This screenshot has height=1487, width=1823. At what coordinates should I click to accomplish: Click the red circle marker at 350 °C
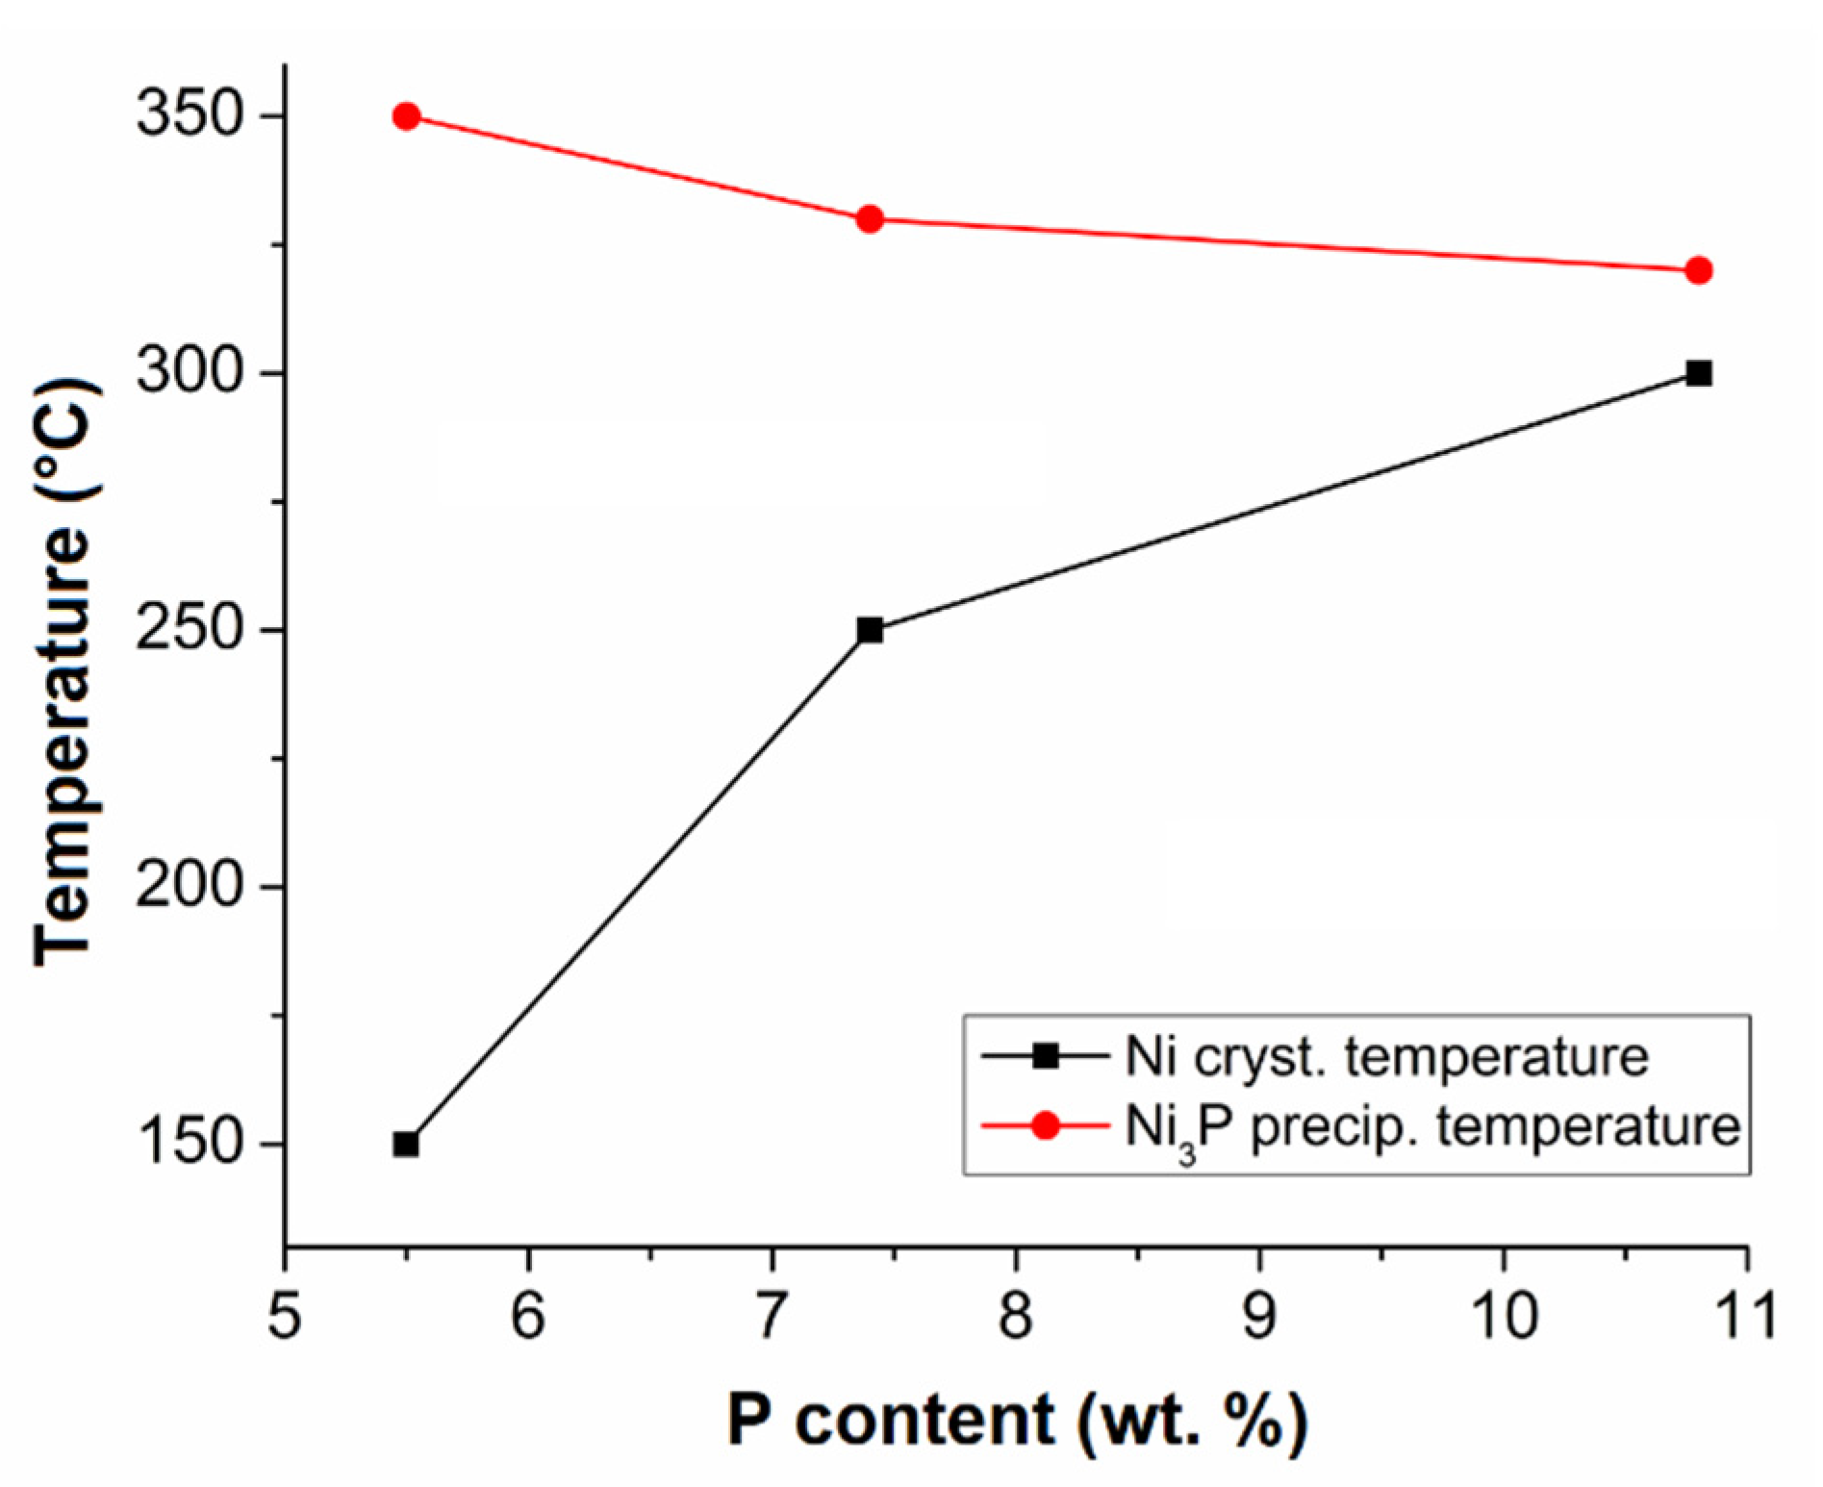(406, 116)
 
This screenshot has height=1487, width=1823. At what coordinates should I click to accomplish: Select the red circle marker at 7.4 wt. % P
(870, 219)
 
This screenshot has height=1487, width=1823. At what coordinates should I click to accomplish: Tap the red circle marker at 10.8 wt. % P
(1699, 270)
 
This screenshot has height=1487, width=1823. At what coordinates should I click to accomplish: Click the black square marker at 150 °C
(406, 1144)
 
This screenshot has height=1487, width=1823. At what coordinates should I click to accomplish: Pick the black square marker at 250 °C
(870, 630)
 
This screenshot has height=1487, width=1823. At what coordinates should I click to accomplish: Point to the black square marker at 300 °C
(1699, 373)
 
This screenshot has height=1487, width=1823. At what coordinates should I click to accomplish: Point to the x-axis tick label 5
(285, 1315)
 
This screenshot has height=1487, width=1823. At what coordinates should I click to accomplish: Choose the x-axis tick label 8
(1016, 1315)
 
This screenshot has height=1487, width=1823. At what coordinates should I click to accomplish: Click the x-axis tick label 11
(1745, 1315)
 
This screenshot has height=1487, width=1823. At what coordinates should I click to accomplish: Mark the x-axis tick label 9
(1259, 1315)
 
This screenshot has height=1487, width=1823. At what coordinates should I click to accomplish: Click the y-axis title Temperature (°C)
(65, 673)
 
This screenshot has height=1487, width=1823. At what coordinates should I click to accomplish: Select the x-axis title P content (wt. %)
(1017, 1420)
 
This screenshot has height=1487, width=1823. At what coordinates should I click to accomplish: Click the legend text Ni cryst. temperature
(1387, 1056)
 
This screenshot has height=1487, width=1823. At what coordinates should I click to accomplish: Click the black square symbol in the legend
(1045, 1056)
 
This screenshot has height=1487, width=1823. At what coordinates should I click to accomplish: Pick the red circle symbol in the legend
(1045, 1125)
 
